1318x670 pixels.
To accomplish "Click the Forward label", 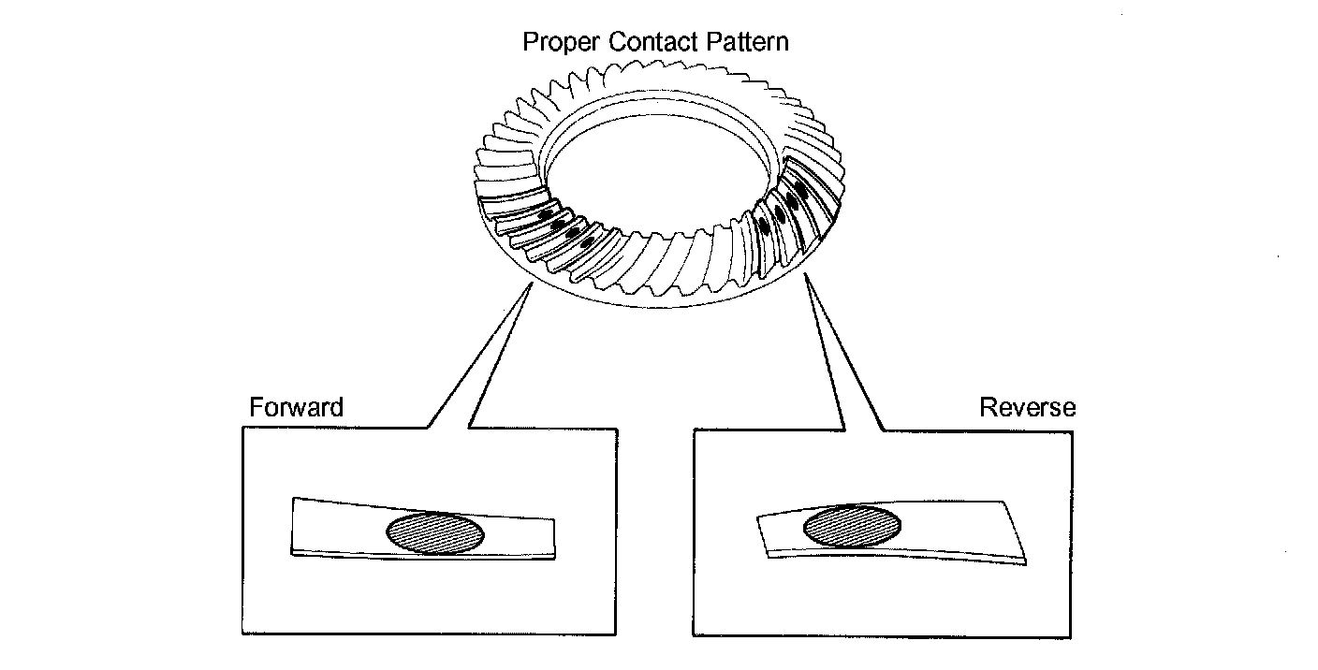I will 297,408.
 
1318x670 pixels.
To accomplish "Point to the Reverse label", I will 1027,408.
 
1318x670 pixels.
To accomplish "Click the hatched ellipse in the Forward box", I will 435,533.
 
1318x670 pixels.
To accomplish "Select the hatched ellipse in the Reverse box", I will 852,526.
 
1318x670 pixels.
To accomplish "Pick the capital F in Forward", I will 256,408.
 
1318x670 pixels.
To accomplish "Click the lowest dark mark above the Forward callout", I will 587,242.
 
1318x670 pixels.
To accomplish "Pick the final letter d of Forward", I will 337,408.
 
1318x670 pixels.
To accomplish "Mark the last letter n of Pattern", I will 783,43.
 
